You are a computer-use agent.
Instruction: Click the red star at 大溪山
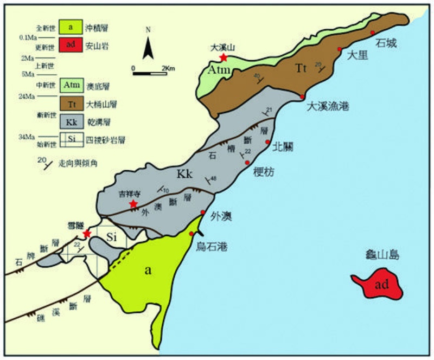pyautogui.click(x=223, y=57)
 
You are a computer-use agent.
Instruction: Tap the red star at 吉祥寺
pyautogui.click(x=132, y=204)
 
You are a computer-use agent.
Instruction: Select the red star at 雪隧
pyautogui.click(x=87, y=234)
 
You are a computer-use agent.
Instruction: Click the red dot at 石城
pyautogui.click(x=373, y=33)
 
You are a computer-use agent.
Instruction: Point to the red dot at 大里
pyautogui.click(x=339, y=49)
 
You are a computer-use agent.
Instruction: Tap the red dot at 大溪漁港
pyautogui.click(x=302, y=97)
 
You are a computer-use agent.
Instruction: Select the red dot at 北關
pyautogui.click(x=267, y=142)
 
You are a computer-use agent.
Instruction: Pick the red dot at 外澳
pyautogui.click(x=203, y=213)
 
